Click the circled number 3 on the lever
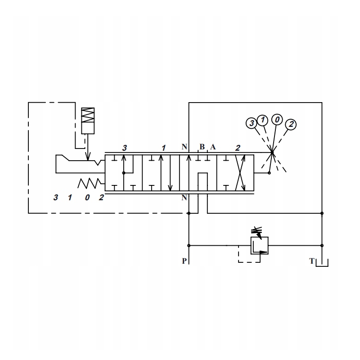tap(252, 123)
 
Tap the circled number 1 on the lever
tap(262, 120)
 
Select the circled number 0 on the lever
tap(277, 119)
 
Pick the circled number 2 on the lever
tap(291, 125)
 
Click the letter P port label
tap(184, 261)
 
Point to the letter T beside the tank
tap(311, 261)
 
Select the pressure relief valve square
tap(260, 246)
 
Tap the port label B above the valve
tap(202, 147)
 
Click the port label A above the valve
tap(213, 147)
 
